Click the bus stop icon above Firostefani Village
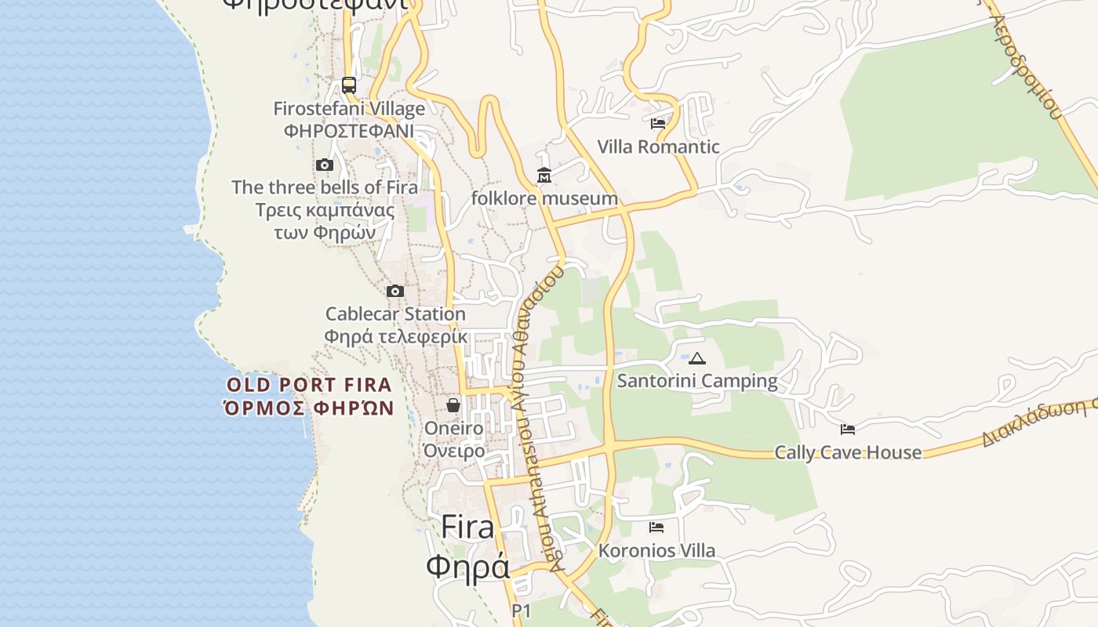349,85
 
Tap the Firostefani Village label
349,109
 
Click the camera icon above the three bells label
325,165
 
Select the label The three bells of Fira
325,187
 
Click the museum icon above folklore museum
544,176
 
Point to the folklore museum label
544,198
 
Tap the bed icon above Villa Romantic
658,124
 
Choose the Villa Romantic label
658,147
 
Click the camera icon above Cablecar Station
395,292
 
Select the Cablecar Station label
395,314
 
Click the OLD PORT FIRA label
309,385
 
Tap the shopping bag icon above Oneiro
453,405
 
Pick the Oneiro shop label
454,429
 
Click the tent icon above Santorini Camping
697,358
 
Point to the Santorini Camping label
697,381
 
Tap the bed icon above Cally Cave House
848,429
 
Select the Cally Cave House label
848,452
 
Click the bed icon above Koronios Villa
656,527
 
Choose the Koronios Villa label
656,550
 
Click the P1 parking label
522,611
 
